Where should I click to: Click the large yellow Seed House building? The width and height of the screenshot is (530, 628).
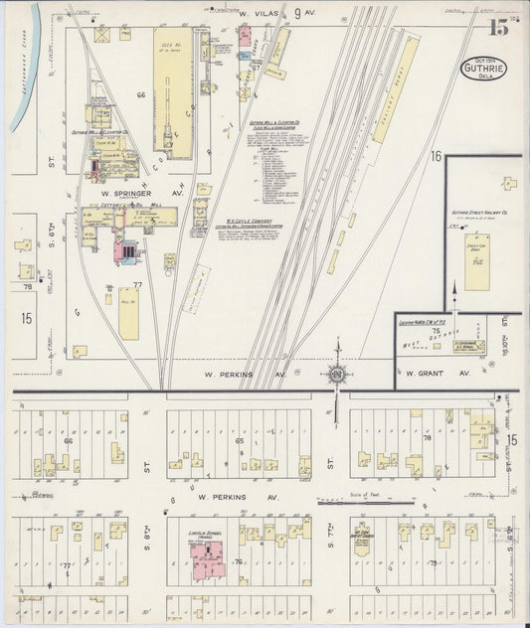point(172,79)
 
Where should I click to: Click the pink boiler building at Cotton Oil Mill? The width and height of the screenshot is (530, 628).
point(127,251)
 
